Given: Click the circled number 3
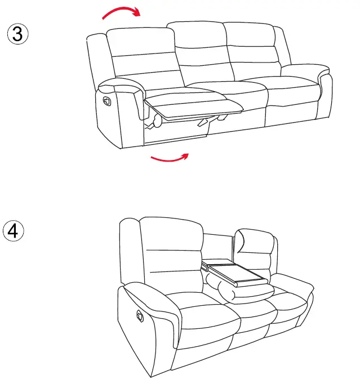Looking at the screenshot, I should click(x=17, y=33).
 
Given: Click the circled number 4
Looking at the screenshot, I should click(x=15, y=231).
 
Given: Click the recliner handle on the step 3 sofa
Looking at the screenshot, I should click(x=105, y=100).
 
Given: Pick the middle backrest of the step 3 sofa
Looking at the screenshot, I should click(x=202, y=53).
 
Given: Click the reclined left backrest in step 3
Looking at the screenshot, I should click(x=144, y=56).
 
